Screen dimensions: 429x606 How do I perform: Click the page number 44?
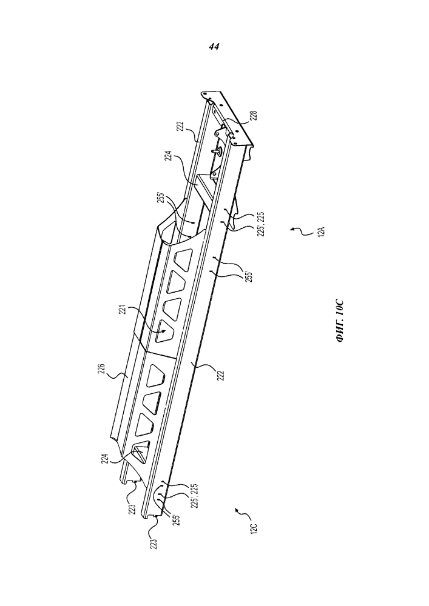click(x=214, y=47)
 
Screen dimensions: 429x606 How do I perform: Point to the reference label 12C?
click(x=254, y=528)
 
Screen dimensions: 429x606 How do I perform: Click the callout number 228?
click(x=253, y=116)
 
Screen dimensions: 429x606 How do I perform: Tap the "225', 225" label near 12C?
click(x=194, y=496)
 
